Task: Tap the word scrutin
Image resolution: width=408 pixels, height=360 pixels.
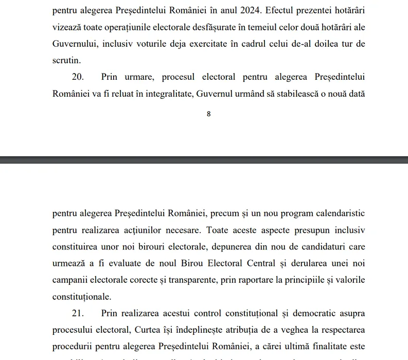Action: (x=66, y=60)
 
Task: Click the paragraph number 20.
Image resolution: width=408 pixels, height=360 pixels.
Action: (x=78, y=77)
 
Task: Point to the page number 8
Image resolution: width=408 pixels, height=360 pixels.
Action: (x=208, y=114)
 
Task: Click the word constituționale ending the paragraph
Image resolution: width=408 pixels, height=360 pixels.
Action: (x=81, y=297)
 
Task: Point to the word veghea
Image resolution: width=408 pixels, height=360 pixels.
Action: (x=293, y=330)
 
